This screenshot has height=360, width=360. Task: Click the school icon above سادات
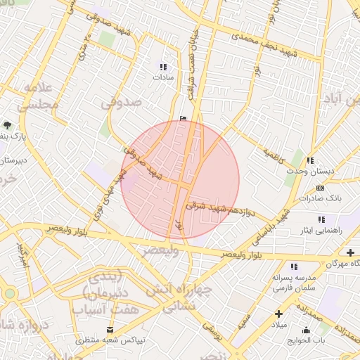pyautogui.click(x=164, y=66)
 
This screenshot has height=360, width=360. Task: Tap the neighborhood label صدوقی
pyautogui.click(x=121, y=103)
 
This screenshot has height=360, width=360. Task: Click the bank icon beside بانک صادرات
pyautogui.click(x=321, y=188)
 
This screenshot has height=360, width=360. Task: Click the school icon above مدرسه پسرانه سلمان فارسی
pyautogui.click(x=294, y=266)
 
